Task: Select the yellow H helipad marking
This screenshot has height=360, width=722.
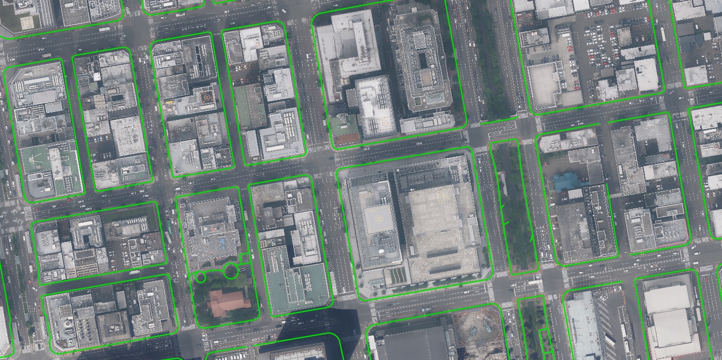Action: (x=377, y=219)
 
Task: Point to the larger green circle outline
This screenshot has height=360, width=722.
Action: (x=231, y=271)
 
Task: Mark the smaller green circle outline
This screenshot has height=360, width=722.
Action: (x=200, y=277)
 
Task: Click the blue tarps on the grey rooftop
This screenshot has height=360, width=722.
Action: (x=222, y=246)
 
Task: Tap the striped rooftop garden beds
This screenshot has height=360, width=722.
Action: (x=397, y=275)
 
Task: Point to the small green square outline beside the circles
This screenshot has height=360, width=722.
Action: (x=245, y=258)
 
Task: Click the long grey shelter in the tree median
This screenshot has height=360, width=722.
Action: (x=502, y=183)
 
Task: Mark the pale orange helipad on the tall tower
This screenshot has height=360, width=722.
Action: (x=386, y=123)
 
